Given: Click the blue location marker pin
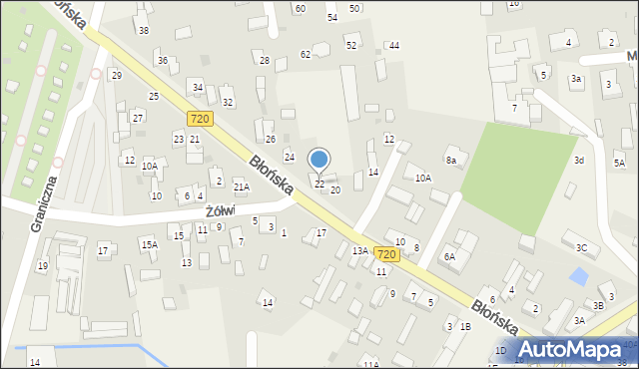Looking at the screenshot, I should click(319, 161).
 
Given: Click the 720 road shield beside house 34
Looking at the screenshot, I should click(199, 118).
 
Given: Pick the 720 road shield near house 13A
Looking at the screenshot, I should click(386, 254).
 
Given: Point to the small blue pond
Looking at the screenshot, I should click(578, 275).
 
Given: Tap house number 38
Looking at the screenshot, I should click(144, 31).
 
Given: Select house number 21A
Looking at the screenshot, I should click(241, 186).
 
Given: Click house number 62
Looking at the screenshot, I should click(306, 54).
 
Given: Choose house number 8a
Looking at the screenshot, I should click(450, 161).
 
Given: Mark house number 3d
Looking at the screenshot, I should click(579, 160).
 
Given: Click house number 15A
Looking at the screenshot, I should click(149, 244).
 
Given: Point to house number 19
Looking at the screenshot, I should click(42, 265).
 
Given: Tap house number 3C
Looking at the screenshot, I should click(581, 247).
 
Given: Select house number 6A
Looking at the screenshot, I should click(449, 256).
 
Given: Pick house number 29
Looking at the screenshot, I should click(116, 76).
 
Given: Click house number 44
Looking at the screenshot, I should click(394, 46).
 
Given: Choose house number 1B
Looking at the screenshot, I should click(465, 326).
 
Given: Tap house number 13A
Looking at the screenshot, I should click(359, 251).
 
